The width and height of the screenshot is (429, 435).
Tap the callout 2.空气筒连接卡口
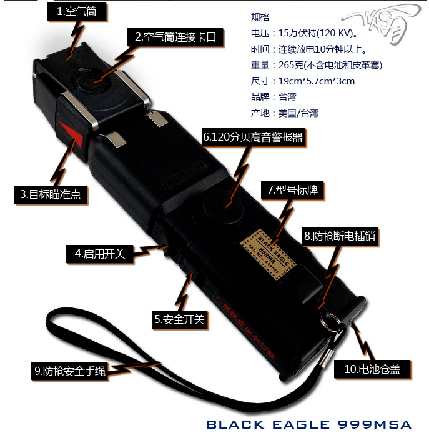[175, 37]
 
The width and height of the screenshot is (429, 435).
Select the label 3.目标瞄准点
[51, 194]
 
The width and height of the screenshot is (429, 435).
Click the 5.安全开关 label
[180, 319]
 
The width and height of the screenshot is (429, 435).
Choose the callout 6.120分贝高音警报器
[253, 137]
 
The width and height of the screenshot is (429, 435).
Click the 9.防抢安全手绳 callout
[69, 371]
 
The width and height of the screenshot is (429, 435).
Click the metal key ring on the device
[330, 323]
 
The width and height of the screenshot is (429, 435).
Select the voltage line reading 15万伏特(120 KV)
[304, 33]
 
